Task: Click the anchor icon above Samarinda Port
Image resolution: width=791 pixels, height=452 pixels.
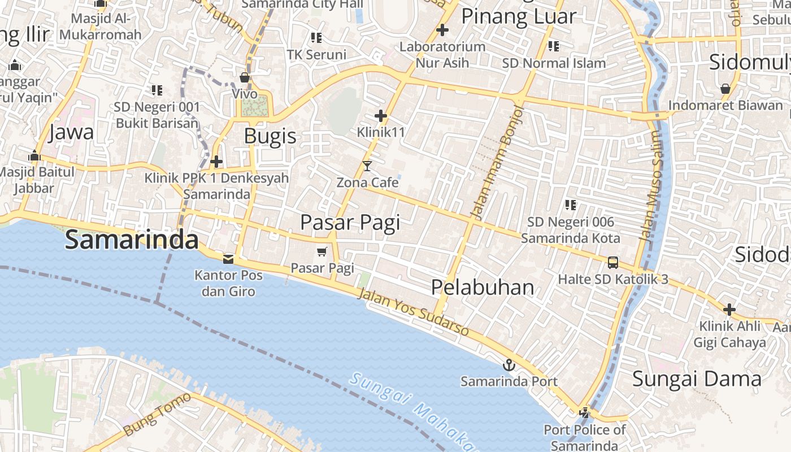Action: point(509,365)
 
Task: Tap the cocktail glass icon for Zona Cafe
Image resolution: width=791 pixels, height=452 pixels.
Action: point(367,166)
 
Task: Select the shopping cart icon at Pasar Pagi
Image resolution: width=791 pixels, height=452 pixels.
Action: point(322,251)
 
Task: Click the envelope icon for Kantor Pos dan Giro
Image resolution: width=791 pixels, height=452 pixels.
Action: point(228,259)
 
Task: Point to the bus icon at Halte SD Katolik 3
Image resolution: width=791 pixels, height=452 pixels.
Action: point(613,262)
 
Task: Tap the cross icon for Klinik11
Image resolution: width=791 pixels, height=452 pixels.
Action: point(381,116)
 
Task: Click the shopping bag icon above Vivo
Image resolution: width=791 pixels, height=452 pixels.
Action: point(245,77)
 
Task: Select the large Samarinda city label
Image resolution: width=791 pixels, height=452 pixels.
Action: point(131,240)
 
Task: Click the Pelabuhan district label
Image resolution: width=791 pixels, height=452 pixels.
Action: point(483,287)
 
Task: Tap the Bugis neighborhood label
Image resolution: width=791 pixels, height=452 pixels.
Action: point(270,136)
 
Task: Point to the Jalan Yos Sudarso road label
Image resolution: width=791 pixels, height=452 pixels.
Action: point(414,312)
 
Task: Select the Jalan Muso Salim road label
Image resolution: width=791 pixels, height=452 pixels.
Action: point(650,186)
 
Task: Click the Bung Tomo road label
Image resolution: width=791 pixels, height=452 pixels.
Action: point(157,414)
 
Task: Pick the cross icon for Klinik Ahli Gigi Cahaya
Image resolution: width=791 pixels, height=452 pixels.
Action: point(729,310)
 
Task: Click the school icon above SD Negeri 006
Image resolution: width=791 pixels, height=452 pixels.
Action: point(571,205)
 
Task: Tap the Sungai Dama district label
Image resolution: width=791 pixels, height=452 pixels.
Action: point(696,379)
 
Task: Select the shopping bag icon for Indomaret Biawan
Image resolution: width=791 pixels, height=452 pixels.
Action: point(725,89)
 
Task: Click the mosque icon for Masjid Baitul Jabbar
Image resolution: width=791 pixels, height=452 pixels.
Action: point(34,155)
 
